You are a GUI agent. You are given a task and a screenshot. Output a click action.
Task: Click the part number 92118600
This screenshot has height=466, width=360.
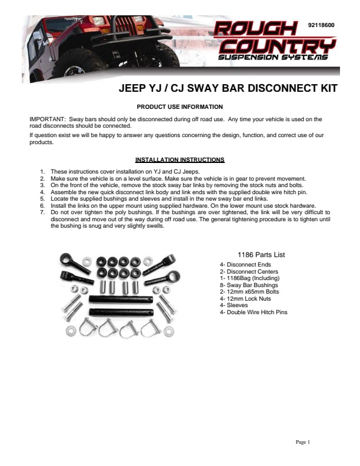321,25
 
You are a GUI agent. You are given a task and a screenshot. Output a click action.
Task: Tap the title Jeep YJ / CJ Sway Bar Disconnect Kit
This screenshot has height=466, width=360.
228,89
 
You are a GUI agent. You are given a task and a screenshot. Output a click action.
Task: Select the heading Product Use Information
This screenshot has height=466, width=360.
180,106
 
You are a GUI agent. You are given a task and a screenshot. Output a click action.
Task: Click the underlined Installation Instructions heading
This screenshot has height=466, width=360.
179,159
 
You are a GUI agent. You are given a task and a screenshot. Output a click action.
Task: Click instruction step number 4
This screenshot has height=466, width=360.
42,192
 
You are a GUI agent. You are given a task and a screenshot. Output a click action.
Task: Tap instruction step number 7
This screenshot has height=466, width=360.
42,211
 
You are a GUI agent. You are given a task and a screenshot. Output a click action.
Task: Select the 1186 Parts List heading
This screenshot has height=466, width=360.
261,255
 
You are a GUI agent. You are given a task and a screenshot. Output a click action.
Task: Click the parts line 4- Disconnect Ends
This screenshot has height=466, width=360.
245,265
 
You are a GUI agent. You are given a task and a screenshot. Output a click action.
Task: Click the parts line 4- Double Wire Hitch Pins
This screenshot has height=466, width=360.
254,312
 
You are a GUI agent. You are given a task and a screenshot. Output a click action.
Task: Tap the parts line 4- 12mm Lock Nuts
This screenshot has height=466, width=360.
245,298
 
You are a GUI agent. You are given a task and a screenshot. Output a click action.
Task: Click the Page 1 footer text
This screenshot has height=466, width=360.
302,442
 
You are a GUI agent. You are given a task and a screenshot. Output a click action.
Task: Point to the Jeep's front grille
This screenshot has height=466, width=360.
127,29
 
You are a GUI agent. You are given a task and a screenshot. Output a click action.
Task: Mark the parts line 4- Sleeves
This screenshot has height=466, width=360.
234,305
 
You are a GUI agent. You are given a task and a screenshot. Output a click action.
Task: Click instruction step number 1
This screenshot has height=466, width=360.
42,171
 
